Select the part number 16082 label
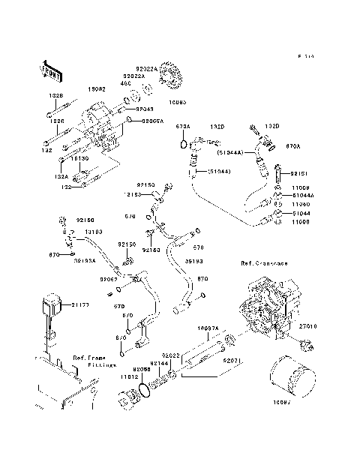98,88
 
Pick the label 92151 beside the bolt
299,172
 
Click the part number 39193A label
85,261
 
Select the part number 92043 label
145,109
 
